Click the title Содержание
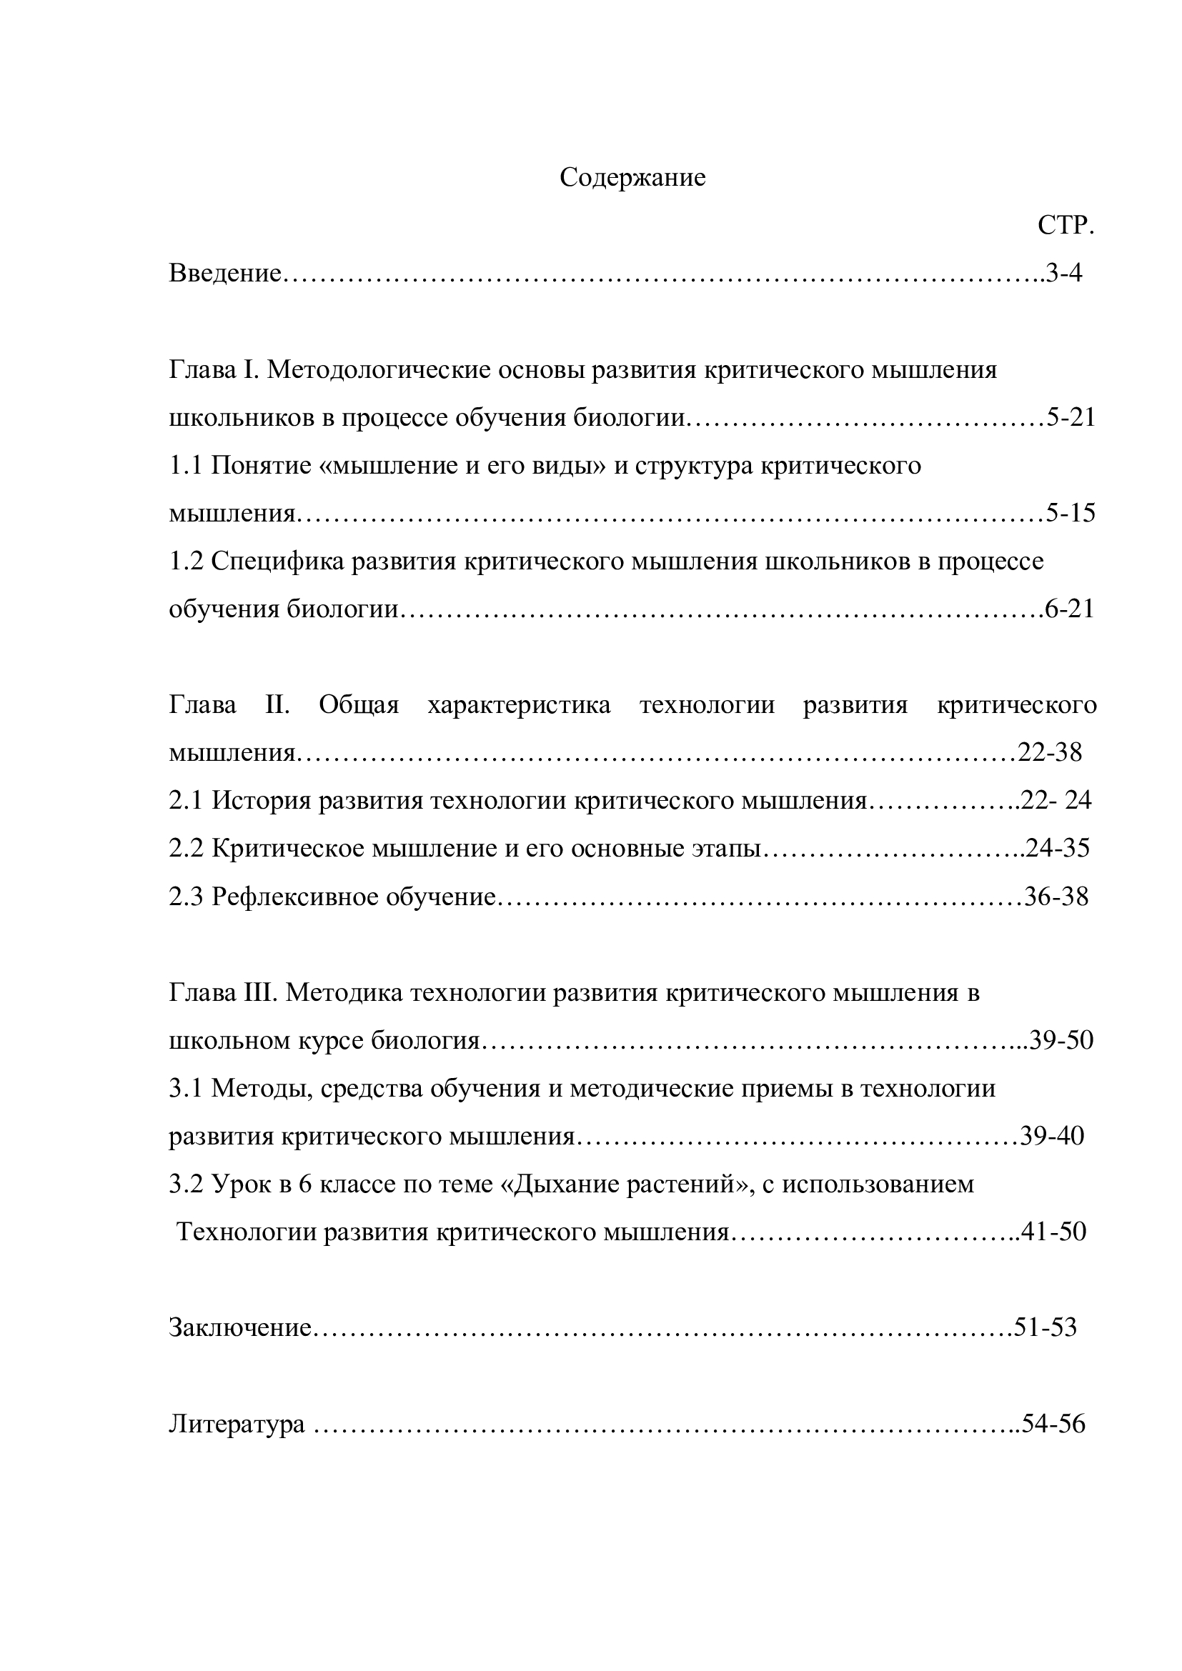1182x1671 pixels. (632, 179)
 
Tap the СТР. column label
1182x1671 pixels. (1066, 226)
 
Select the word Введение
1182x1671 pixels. (225, 274)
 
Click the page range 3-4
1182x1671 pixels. (1064, 274)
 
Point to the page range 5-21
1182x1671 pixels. (1071, 418)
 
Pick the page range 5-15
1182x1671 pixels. (1071, 513)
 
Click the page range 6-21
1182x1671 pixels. (1070, 609)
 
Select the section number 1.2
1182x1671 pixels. (187, 561)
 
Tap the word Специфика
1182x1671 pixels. (278, 561)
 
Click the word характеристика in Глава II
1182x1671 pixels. (519, 705)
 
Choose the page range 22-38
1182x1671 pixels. (1051, 752)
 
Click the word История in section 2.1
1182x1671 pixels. (262, 801)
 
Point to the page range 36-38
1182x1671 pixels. (1057, 897)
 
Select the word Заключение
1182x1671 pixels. (240, 1328)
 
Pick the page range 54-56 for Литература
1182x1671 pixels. (1054, 1424)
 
